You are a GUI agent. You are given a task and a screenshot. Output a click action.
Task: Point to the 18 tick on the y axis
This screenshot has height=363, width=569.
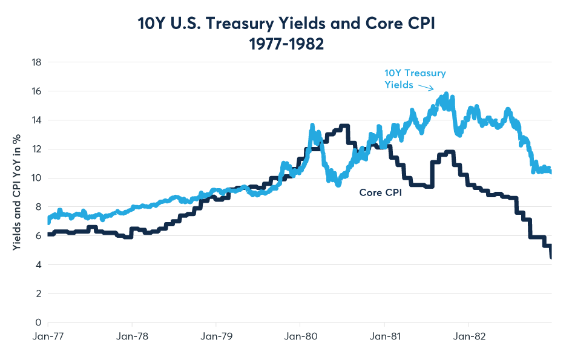[36, 62]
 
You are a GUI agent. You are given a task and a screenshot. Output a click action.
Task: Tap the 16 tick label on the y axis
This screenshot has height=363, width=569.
[36, 91]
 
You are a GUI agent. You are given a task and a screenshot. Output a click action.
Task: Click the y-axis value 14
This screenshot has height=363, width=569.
[36, 120]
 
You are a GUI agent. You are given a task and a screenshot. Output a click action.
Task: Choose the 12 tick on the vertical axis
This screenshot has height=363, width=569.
[36, 149]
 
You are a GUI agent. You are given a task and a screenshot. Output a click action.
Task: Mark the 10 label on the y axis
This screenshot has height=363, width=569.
[36, 178]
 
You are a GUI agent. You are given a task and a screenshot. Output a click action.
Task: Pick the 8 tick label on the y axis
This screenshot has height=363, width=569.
[38, 207]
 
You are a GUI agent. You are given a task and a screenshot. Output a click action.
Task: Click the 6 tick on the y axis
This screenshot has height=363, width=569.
[38, 236]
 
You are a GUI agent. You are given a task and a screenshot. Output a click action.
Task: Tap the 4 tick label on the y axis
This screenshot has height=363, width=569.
[38, 265]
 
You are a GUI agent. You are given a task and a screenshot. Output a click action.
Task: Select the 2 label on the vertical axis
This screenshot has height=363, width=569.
[38, 294]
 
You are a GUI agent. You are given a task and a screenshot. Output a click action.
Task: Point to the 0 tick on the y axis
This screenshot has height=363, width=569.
[38, 322]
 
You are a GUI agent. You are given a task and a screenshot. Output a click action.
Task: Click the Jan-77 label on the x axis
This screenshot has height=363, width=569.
[48, 336]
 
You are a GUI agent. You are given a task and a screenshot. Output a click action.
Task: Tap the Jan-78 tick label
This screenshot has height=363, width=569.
[132, 336]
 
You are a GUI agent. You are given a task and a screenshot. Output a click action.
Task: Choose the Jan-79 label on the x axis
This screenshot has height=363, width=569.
[216, 336]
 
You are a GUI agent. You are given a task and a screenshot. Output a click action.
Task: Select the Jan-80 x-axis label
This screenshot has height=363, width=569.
[300, 336]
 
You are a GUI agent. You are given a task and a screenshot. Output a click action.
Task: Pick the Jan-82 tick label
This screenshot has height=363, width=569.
[469, 336]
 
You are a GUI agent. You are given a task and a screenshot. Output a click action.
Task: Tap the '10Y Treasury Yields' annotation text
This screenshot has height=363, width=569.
[415, 79]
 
